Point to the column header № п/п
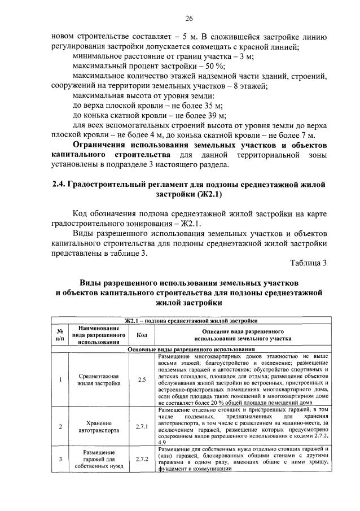(60, 334)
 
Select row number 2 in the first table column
(60, 427)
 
